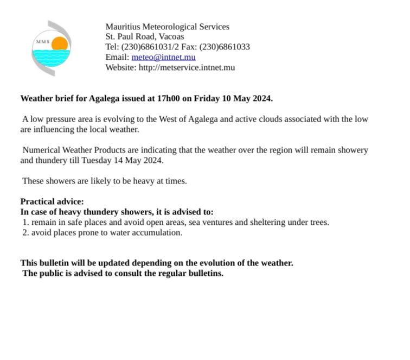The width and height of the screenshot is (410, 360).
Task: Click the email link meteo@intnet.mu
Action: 163,57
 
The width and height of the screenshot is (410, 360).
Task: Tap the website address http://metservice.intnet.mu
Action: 187,67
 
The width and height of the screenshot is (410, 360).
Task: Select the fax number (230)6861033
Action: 225,47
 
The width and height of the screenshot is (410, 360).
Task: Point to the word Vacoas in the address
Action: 171,36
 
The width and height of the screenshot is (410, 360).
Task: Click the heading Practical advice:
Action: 52,201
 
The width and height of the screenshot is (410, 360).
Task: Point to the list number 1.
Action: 25,222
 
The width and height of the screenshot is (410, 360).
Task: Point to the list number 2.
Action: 25,232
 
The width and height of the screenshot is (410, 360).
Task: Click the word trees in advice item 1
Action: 317,222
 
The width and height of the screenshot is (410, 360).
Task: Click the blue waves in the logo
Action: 51,56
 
